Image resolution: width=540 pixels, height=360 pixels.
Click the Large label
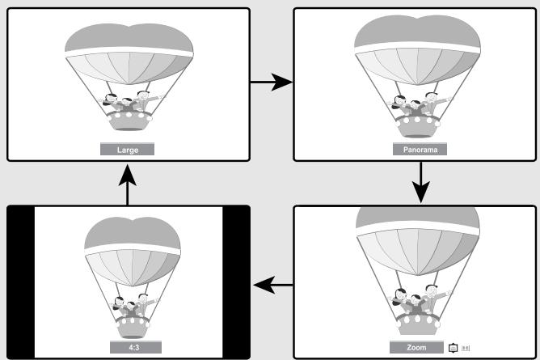[x=127, y=149]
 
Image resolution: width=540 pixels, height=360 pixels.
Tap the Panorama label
[x=420, y=149]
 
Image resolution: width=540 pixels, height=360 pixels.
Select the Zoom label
[x=416, y=347]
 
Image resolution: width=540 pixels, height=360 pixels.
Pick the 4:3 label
[x=136, y=347]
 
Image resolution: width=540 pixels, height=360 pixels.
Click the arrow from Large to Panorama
[x=272, y=82]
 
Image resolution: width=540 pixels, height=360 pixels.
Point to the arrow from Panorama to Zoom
[x=420, y=182]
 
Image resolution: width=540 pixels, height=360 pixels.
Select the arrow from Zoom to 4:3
[x=273, y=285]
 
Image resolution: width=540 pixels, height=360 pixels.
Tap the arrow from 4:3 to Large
[x=128, y=184]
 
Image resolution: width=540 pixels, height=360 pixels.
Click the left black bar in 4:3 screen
[x=21, y=282]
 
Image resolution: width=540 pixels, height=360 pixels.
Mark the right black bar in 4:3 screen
[x=236, y=282]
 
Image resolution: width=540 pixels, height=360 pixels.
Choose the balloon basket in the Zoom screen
[x=417, y=324]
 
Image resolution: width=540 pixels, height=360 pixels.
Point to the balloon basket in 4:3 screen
[x=133, y=327]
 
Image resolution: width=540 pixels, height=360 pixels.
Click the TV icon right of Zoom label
[x=453, y=348]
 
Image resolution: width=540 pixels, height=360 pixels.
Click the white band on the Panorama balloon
[x=417, y=47]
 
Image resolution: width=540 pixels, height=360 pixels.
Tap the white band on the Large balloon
[x=129, y=52]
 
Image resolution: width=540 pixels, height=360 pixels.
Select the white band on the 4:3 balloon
[x=133, y=248]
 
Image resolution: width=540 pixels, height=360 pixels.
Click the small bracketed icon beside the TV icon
[x=466, y=348]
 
